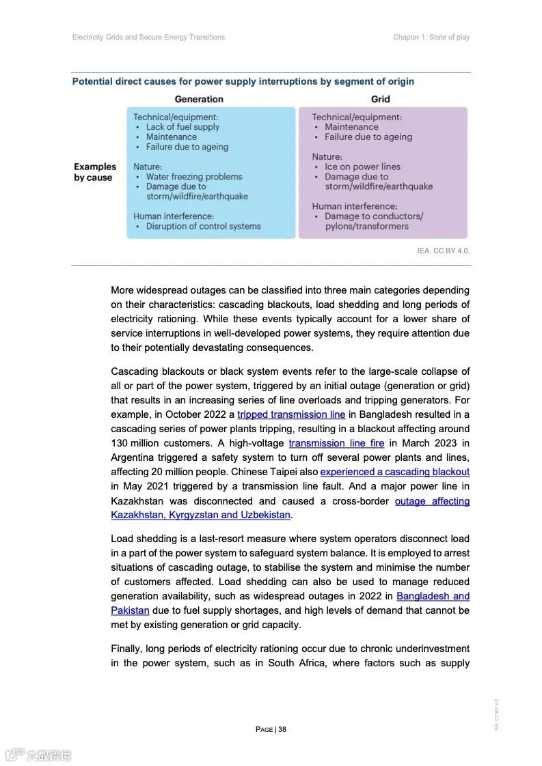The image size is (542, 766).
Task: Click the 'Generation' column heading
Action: point(198,99)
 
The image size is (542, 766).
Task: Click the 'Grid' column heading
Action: point(381,99)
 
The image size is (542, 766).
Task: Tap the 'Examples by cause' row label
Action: point(95,172)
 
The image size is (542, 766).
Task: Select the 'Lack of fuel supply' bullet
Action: point(182,127)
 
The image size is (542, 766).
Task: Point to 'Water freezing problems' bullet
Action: point(194,177)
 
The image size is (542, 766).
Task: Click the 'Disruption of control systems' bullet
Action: point(203,226)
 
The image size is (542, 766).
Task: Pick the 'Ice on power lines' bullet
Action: point(362,167)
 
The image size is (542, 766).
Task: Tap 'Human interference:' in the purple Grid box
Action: point(354,206)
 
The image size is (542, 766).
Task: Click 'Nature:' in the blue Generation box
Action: point(148,167)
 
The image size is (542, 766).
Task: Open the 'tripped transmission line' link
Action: point(291,414)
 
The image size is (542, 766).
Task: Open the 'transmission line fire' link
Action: point(336,443)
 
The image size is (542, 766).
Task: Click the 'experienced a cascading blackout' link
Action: point(394,472)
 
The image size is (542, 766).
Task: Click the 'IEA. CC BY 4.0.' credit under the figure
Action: point(443,251)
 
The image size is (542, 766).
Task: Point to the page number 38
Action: point(282,729)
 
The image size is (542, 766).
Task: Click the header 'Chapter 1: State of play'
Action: point(431,37)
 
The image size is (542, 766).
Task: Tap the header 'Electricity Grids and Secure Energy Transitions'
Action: point(148,37)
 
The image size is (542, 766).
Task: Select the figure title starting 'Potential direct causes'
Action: point(243,82)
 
